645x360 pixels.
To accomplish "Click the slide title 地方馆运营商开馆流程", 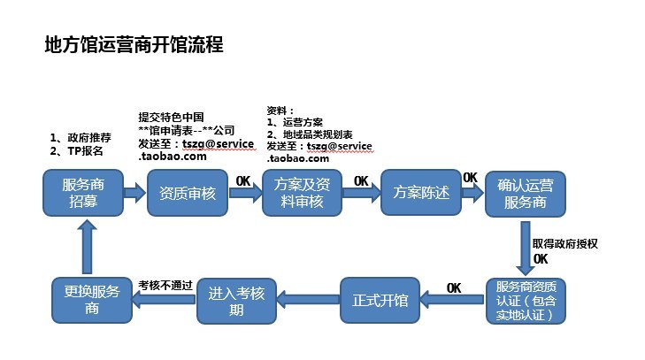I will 133,45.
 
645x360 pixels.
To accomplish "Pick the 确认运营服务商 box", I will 526,193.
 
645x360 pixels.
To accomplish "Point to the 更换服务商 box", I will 86,300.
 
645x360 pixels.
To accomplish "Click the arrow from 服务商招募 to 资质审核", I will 134,193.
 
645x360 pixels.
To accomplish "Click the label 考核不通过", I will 165,286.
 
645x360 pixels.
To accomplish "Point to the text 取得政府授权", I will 565,242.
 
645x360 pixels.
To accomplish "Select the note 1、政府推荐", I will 81,138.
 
